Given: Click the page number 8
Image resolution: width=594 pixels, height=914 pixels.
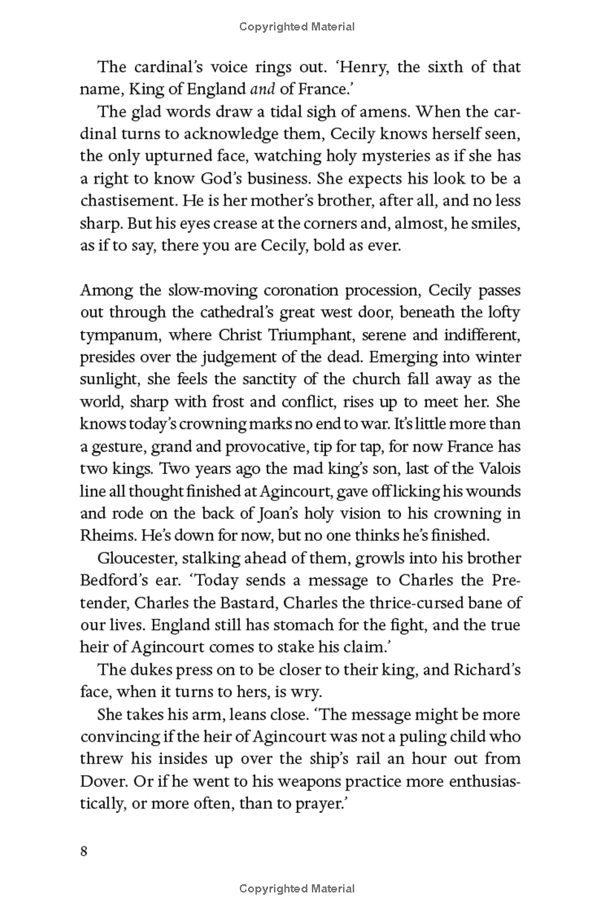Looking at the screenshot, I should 84,851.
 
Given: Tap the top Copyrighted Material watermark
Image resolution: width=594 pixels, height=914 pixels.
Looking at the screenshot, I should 297,27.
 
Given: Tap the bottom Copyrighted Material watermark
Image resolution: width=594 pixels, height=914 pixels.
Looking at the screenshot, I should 297,888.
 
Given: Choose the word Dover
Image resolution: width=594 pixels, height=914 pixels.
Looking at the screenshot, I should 102,781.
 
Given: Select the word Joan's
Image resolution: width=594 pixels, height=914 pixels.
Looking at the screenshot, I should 254,513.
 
